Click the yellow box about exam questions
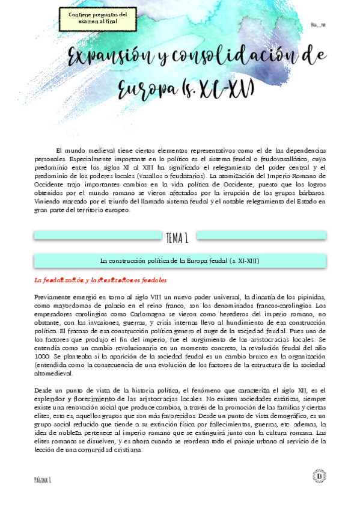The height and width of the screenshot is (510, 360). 98,17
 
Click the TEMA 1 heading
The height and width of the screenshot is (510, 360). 177,238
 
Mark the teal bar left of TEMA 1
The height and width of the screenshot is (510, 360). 98,235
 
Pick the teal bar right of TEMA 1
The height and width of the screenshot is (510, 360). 261,235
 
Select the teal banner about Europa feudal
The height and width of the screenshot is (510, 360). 180,260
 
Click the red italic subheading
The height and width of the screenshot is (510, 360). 100,280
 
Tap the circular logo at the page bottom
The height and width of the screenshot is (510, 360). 319,476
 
